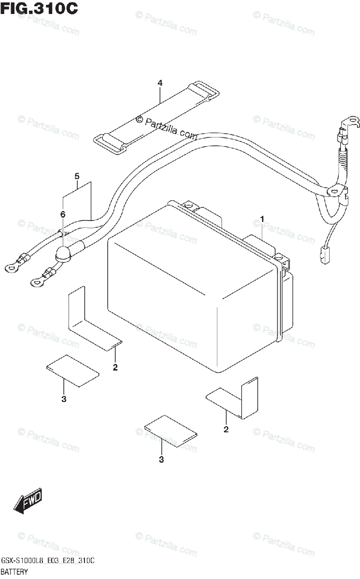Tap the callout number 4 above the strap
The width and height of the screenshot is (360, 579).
[x=160, y=83]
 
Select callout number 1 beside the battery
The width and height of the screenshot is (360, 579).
[x=262, y=220]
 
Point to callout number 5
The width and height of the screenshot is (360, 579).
[x=77, y=177]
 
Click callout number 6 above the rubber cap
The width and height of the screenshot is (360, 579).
[x=62, y=214]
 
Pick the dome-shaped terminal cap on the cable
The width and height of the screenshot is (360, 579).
[x=63, y=254]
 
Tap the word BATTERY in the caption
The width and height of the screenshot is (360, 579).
[x=15, y=572]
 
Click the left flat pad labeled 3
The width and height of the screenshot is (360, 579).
[x=73, y=371]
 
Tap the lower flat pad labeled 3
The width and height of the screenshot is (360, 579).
[x=171, y=431]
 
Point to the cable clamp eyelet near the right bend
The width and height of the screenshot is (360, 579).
[x=333, y=192]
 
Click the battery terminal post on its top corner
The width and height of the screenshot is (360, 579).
[x=190, y=207]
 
